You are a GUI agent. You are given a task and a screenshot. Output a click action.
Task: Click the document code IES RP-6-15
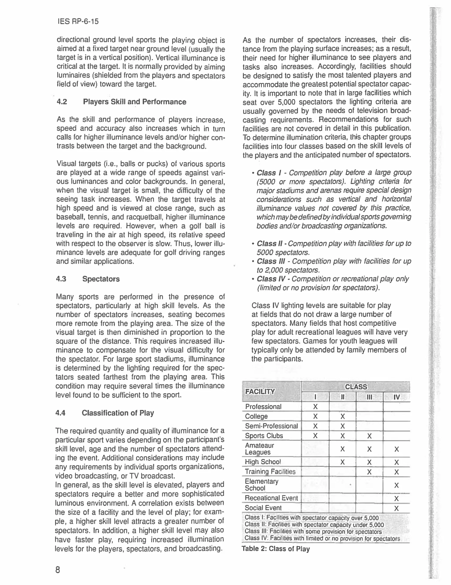click(x=78, y=21)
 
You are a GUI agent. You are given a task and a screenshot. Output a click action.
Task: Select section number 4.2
click(x=62, y=102)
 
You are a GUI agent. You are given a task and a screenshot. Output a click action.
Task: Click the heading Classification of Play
click(x=118, y=413)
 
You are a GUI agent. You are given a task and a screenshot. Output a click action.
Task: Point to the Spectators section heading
click(x=101, y=279)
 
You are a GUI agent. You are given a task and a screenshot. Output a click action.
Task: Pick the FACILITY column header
click(x=260, y=392)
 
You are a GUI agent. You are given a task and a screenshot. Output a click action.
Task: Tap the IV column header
click(x=396, y=397)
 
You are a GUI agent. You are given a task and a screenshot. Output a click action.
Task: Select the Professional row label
click(x=263, y=407)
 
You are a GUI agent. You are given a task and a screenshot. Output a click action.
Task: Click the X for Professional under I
click(x=315, y=407)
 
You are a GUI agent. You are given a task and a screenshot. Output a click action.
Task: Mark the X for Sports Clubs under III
click(x=369, y=436)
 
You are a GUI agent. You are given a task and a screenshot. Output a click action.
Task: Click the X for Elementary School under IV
click(x=396, y=485)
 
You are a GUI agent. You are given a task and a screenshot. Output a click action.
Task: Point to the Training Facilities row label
click(x=270, y=471)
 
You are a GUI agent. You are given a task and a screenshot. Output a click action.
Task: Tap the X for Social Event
click(x=396, y=508)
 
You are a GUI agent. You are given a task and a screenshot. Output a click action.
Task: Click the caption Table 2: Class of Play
click(x=276, y=549)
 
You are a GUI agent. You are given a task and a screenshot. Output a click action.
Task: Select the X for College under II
click(x=343, y=417)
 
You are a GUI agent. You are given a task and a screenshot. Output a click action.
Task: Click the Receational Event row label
click(x=271, y=498)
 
